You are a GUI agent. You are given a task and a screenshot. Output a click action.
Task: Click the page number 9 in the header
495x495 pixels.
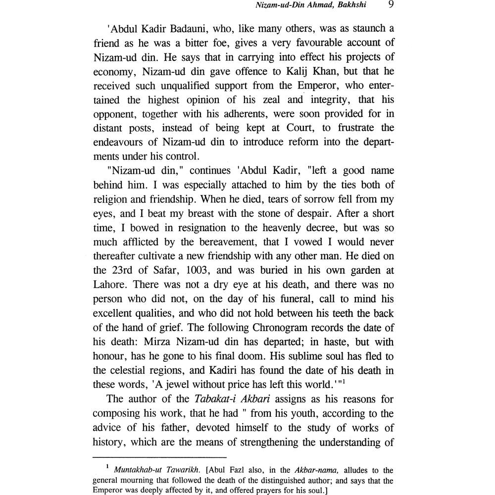click(x=392, y=6)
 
